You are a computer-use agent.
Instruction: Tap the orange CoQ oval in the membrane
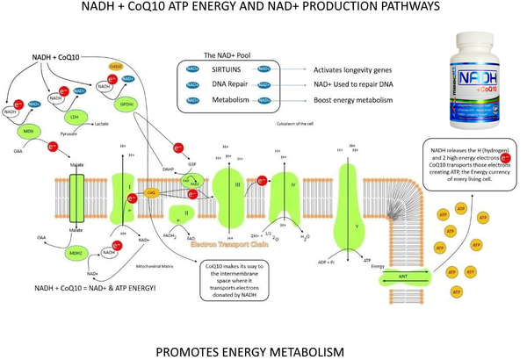tap(150, 191)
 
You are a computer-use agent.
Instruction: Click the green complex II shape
tap(187, 212)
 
